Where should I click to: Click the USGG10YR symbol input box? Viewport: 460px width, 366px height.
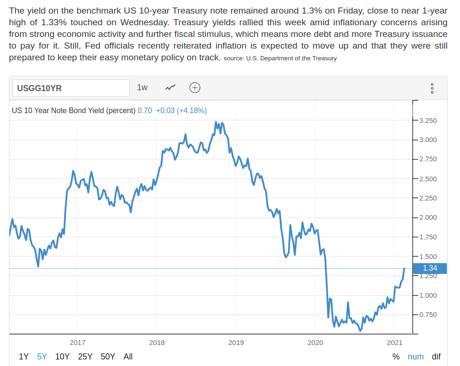(70, 88)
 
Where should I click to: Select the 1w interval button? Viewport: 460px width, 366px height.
(142, 87)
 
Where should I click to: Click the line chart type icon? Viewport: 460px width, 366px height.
(170, 87)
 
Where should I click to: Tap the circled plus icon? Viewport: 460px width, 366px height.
(195, 87)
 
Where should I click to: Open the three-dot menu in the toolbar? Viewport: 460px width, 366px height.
(432, 88)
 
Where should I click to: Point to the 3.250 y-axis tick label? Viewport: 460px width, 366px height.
(428, 121)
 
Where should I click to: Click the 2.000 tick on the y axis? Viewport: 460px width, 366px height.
(428, 217)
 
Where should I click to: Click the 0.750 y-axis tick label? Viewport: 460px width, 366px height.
(428, 315)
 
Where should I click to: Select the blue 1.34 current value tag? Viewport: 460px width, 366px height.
(430, 268)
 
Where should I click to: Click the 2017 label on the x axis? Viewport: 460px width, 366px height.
(77, 343)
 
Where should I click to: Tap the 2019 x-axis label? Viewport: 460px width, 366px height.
(236, 343)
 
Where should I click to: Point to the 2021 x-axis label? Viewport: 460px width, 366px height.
(394, 343)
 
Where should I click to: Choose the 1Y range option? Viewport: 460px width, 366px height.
(24, 357)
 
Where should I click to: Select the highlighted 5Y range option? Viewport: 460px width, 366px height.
(42, 357)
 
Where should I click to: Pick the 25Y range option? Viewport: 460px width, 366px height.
(85, 357)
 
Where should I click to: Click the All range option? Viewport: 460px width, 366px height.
(128, 357)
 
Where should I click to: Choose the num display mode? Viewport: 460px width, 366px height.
(416, 357)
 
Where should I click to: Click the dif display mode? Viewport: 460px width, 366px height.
(436, 357)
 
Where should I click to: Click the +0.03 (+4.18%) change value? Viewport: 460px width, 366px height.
(181, 111)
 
